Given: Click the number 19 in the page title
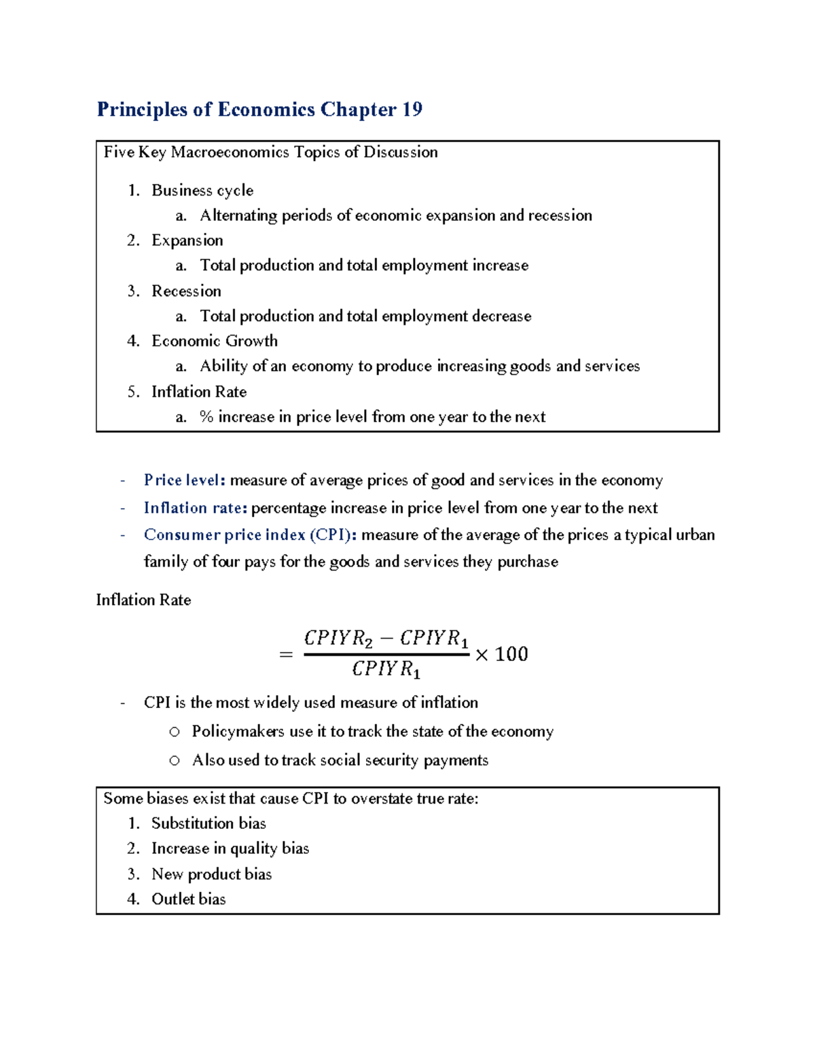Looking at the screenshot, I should point(412,109).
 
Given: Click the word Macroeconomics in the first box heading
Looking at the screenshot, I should point(230,152).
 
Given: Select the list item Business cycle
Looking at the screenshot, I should point(202,190).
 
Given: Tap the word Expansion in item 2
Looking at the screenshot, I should point(187,240).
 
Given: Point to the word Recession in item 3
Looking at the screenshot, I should point(186,291).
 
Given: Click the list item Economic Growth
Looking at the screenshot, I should point(215,341).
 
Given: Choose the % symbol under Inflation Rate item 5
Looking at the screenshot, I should point(206,417).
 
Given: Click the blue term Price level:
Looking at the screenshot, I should point(184,480).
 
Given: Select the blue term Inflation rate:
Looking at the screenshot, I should point(196,508).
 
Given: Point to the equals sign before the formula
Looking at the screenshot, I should point(286,655).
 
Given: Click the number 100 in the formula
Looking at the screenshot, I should point(511,654).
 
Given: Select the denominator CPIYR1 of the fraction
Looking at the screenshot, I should point(386,670).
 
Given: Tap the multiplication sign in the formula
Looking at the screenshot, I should point(482,655).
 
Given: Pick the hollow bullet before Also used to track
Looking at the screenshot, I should point(175,761).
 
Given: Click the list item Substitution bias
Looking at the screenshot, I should point(209,823).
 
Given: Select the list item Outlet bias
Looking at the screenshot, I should point(188,899).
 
